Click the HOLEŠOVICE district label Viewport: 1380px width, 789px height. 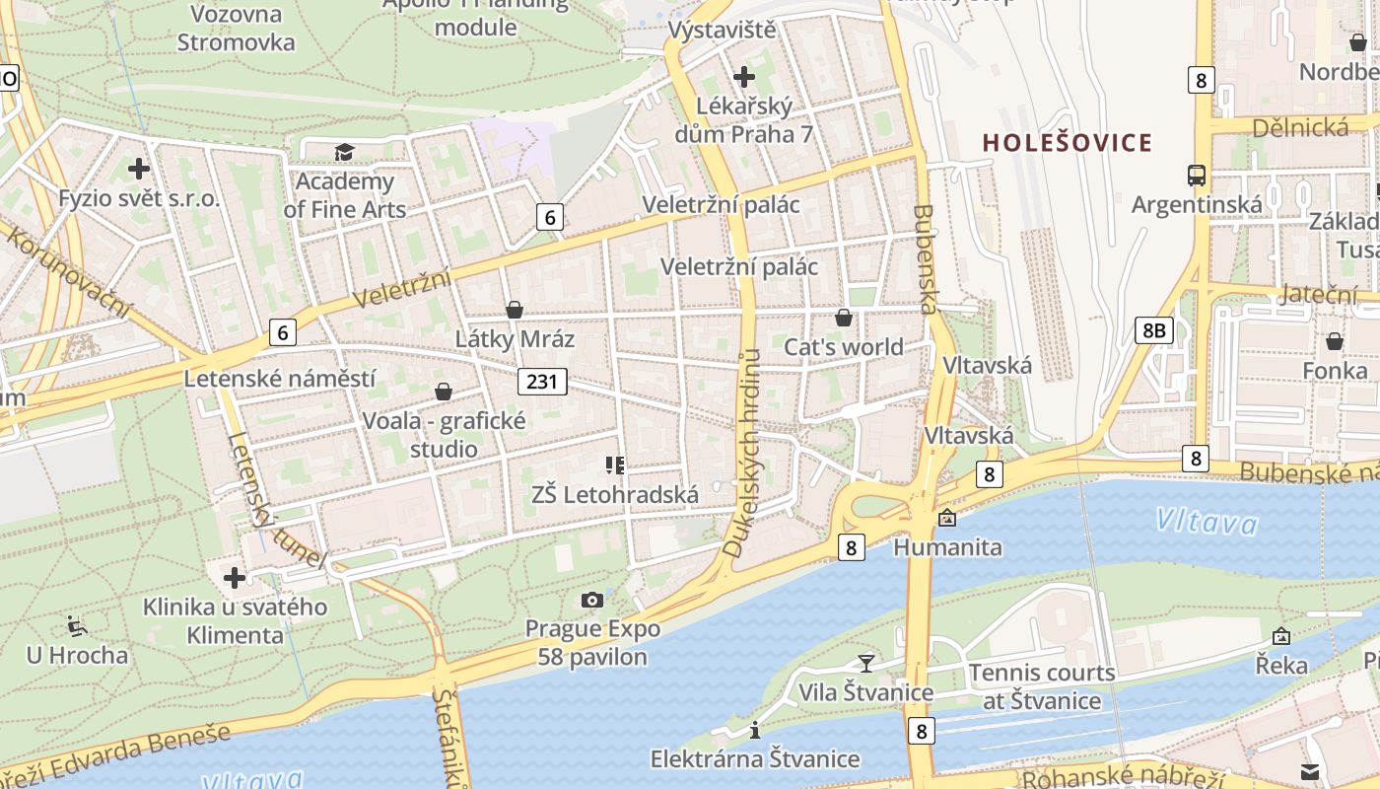(x=1068, y=142)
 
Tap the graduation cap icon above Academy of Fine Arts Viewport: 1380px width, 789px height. (x=343, y=152)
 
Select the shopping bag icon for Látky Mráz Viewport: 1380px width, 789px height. (x=514, y=310)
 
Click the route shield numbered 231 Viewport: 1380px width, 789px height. (x=542, y=382)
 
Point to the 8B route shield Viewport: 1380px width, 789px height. (x=1153, y=329)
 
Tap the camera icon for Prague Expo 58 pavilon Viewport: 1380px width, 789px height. (x=592, y=600)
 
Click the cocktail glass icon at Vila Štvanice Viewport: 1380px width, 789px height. (x=866, y=663)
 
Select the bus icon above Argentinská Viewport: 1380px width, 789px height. (x=1197, y=176)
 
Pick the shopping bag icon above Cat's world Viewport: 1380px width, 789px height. (x=844, y=318)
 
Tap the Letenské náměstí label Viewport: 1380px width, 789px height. (x=280, y=379)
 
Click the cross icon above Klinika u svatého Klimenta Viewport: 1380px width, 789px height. (x=235, y=577)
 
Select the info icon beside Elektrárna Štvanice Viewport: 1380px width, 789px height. (x=755, y=730)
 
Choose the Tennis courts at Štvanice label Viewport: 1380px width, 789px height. (x=1042, y=686)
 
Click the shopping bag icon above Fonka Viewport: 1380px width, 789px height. (x=1334, y=341)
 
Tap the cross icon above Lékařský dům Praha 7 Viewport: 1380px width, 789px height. (x=744, y=76)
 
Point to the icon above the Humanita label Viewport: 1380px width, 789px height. (x=947, y=517)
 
